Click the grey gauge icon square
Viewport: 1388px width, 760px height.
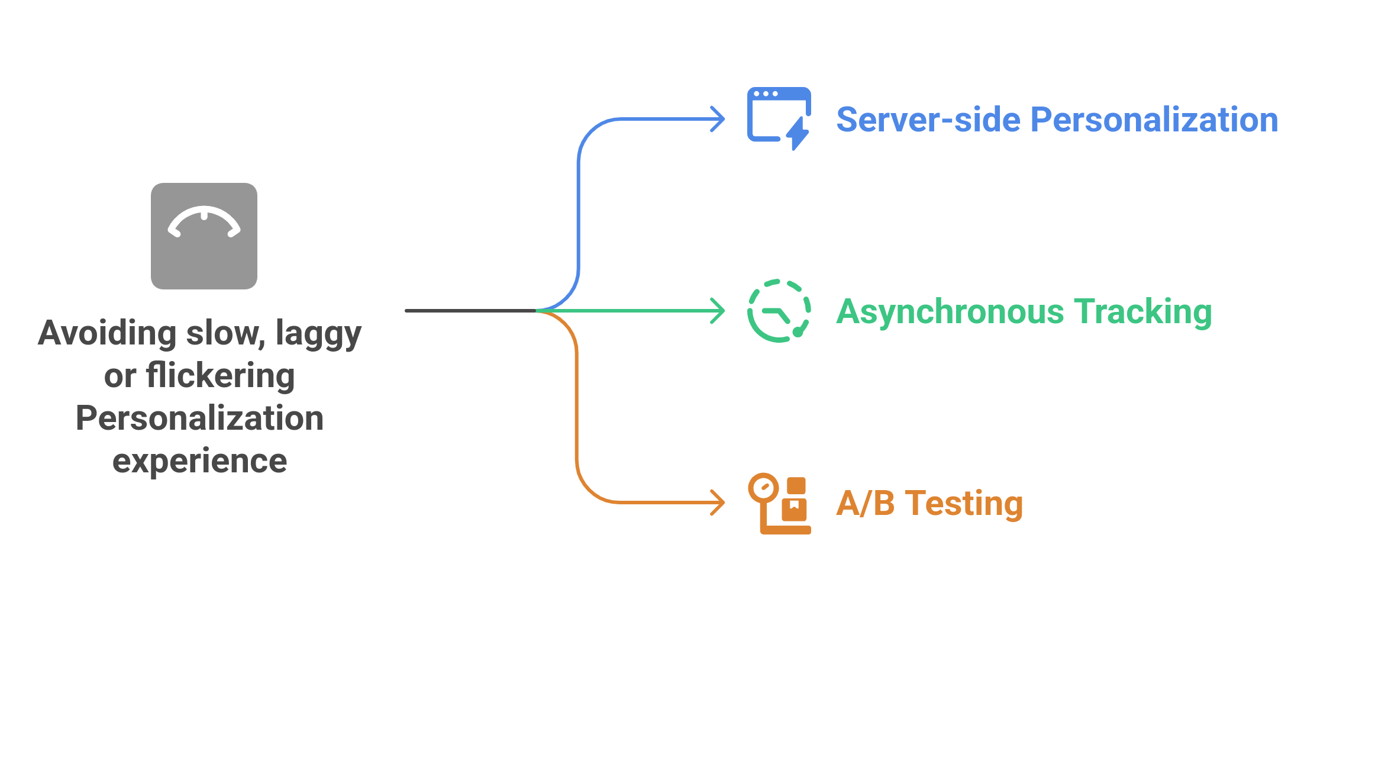coord(204,236)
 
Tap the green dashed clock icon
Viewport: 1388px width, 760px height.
coord(779,311)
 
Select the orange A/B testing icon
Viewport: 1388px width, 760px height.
coord(779,503)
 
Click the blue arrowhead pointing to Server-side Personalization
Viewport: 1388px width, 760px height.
coord(719,119)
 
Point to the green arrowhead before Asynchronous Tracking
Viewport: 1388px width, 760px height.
coord(719,311)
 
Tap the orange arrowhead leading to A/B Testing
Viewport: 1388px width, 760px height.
coord(719,503)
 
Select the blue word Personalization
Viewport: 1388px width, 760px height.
coord(1154,120)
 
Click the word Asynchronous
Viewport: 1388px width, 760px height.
coord(950,312)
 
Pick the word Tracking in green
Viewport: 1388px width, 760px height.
coord(1142,312)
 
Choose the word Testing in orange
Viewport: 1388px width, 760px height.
coord(964,504)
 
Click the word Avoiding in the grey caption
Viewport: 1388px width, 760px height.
coord(107,333)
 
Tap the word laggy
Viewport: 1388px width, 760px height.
coord(318,334)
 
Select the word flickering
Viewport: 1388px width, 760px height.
coord(220,376)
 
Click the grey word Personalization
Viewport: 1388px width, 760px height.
coord(199,418)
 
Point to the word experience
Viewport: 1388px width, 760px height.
coord(199,461)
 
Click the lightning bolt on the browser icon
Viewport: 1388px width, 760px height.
coord(798,133)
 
